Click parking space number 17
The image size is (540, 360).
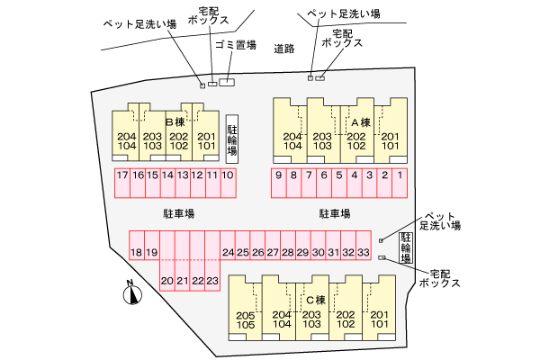coord(122,183)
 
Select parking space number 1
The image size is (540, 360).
coord(400,183)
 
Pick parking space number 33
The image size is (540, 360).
coord(364,245)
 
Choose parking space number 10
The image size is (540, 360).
coord(228,183)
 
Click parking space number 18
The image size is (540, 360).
coord(137,245)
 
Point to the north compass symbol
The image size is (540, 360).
coord(132,293)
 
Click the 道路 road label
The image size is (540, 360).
coord(284,49)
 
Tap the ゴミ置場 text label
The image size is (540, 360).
coord(236,45)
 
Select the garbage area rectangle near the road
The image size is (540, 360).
coord(227,82)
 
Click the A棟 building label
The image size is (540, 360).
coord(361,122)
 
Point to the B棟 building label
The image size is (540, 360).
coord(175,122)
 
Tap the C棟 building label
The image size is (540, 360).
coord(316,300)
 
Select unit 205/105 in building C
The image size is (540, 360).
coord(246,308)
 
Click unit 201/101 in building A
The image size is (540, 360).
coord(391,130)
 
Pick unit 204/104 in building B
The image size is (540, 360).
coord(126,135)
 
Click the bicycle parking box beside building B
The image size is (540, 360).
coord(232,139)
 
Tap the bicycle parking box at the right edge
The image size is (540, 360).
coord(406,247)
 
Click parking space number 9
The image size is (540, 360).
coord(279,183)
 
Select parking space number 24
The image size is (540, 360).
coord(228,245)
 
